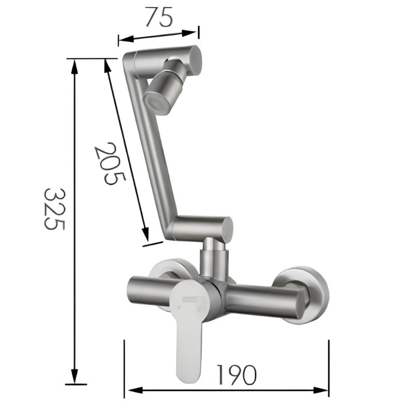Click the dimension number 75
coord(159,17)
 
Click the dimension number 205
coord(110,164)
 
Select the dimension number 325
coord(54,209)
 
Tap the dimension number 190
coord(236,375)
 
